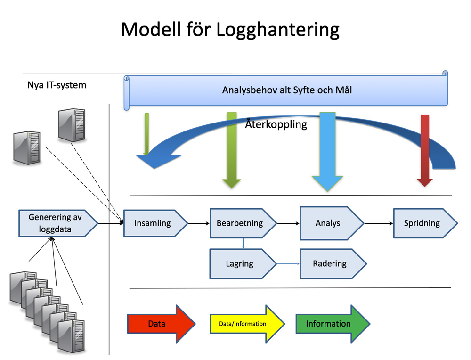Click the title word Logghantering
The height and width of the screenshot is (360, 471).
277,30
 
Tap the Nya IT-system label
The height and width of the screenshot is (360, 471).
57,85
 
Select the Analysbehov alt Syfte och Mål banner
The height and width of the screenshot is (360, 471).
286,90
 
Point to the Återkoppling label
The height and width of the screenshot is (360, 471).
276,124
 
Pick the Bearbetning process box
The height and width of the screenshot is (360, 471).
243,223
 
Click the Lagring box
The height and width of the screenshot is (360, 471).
243,264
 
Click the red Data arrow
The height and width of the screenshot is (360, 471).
161,324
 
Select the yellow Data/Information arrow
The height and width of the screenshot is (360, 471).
247,324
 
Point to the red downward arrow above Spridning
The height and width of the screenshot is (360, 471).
425,150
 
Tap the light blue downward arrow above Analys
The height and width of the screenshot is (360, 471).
327,152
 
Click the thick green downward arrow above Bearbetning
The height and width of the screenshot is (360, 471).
232,150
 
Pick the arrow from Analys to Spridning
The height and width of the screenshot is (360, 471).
379,223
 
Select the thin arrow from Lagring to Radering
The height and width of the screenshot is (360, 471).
288,264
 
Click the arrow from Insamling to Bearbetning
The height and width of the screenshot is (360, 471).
199,223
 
